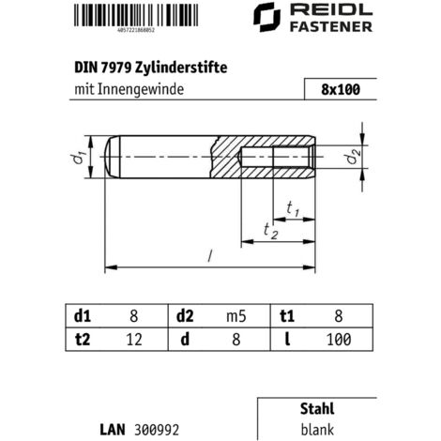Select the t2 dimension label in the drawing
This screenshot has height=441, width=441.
click(271, 231)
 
